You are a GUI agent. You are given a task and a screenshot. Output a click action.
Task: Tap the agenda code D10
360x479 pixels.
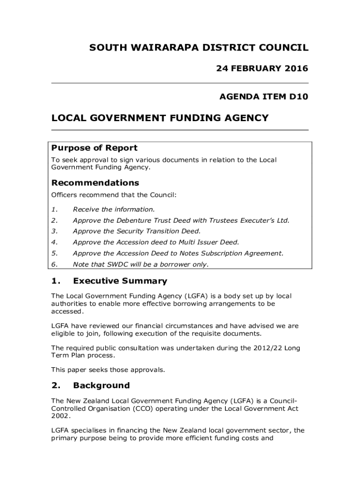click(x=299, y=97)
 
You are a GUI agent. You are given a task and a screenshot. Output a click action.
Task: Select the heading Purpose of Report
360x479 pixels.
click(x=94, y=148)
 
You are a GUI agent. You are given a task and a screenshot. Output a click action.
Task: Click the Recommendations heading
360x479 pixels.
click(x=95, y=182)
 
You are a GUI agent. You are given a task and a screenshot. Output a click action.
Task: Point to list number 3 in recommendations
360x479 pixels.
click(x=54, y=231)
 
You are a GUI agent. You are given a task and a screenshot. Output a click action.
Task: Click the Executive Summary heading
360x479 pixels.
click(x=120, y=281)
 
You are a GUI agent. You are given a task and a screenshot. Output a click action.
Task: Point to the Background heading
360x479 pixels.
click(x=101, y=385)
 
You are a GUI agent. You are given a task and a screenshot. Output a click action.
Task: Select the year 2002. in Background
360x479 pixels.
click(x=61, y=416)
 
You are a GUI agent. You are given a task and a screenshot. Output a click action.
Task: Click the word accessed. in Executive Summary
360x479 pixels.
click(x=68, y=311)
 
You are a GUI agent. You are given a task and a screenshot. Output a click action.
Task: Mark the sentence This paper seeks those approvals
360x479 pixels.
click(x=108, y=370)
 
